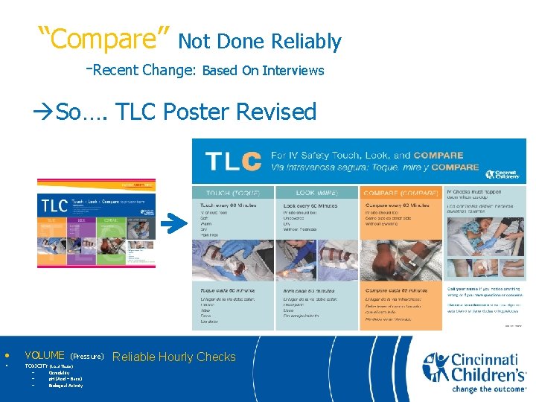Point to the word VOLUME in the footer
coord(45,356)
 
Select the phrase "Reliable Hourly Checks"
coord(173,357)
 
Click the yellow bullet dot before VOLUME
coord(7,355)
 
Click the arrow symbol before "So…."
coord(44,112)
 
